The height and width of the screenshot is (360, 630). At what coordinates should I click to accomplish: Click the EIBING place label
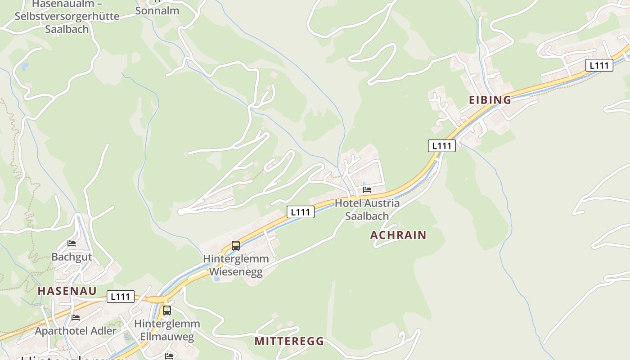click(x=490, y=100)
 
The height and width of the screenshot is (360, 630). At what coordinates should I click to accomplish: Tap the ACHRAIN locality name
click(x=398, y=235)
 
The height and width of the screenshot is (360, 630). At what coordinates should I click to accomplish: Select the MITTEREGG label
click(x=289, y=341)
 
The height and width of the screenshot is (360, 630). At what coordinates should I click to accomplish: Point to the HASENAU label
click(x=67, y=291)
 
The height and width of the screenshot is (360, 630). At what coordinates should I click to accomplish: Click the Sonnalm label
click(x=157, y=10)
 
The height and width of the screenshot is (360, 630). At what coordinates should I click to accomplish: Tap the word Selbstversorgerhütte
click(x=67, y=17)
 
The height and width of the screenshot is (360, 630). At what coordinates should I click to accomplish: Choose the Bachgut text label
click(x=72, y=257)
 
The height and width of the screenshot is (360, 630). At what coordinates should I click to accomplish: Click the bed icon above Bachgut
click(x=72, y=244)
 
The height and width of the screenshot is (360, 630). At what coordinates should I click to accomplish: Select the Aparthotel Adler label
click(x=76, y=331)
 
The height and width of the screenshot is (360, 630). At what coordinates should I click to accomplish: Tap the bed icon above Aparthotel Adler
click(x=76, y=318)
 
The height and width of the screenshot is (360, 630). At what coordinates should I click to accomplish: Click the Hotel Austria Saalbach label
click(x=367, y=209)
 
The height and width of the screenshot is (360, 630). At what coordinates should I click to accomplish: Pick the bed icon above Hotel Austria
click(x=367, y=190)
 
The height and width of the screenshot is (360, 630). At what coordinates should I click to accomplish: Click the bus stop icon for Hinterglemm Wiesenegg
click(x=236, y=246)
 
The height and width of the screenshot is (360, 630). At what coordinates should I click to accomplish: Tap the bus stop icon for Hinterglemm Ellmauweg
click(x=167, y=310)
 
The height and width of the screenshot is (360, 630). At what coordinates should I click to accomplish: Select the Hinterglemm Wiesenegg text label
click(x=236, y=265)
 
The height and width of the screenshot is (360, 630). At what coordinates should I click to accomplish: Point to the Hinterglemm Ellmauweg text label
click(x=167, y=330)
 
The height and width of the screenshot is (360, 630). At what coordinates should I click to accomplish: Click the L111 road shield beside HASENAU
click(x=121, y=297)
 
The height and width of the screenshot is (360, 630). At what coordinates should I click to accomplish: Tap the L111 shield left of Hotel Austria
click(x=301, y=212)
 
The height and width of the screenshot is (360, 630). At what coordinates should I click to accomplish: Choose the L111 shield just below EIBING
click(x=441, y=146)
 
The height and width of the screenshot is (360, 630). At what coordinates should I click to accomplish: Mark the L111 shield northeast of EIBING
click(x=599, y=65)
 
